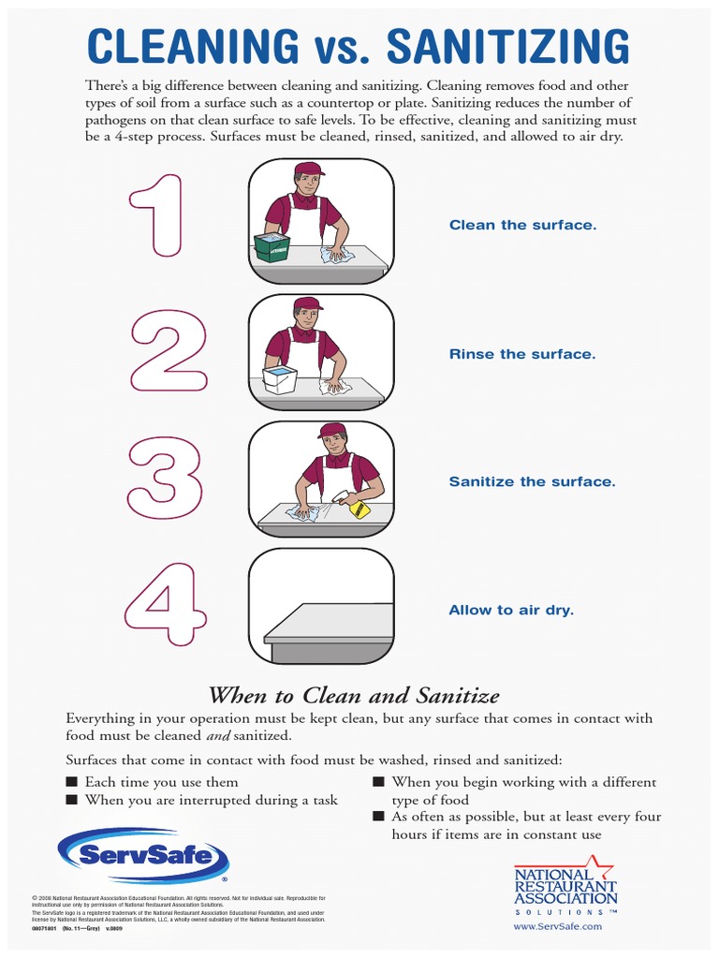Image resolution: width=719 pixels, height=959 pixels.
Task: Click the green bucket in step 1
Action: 272,247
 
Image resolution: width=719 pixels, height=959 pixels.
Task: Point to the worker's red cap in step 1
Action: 308,170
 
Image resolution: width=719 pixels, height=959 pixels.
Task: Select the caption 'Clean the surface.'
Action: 522,226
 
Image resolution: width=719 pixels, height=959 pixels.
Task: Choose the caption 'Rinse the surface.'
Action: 521,354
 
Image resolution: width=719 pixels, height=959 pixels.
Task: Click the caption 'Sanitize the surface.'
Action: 532,482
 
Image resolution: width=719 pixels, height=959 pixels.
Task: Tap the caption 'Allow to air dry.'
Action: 511,611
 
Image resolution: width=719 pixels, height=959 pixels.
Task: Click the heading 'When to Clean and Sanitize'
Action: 353,695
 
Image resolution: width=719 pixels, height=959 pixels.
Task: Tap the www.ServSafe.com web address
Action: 558,926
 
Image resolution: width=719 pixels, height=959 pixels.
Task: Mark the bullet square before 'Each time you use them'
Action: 71,782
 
